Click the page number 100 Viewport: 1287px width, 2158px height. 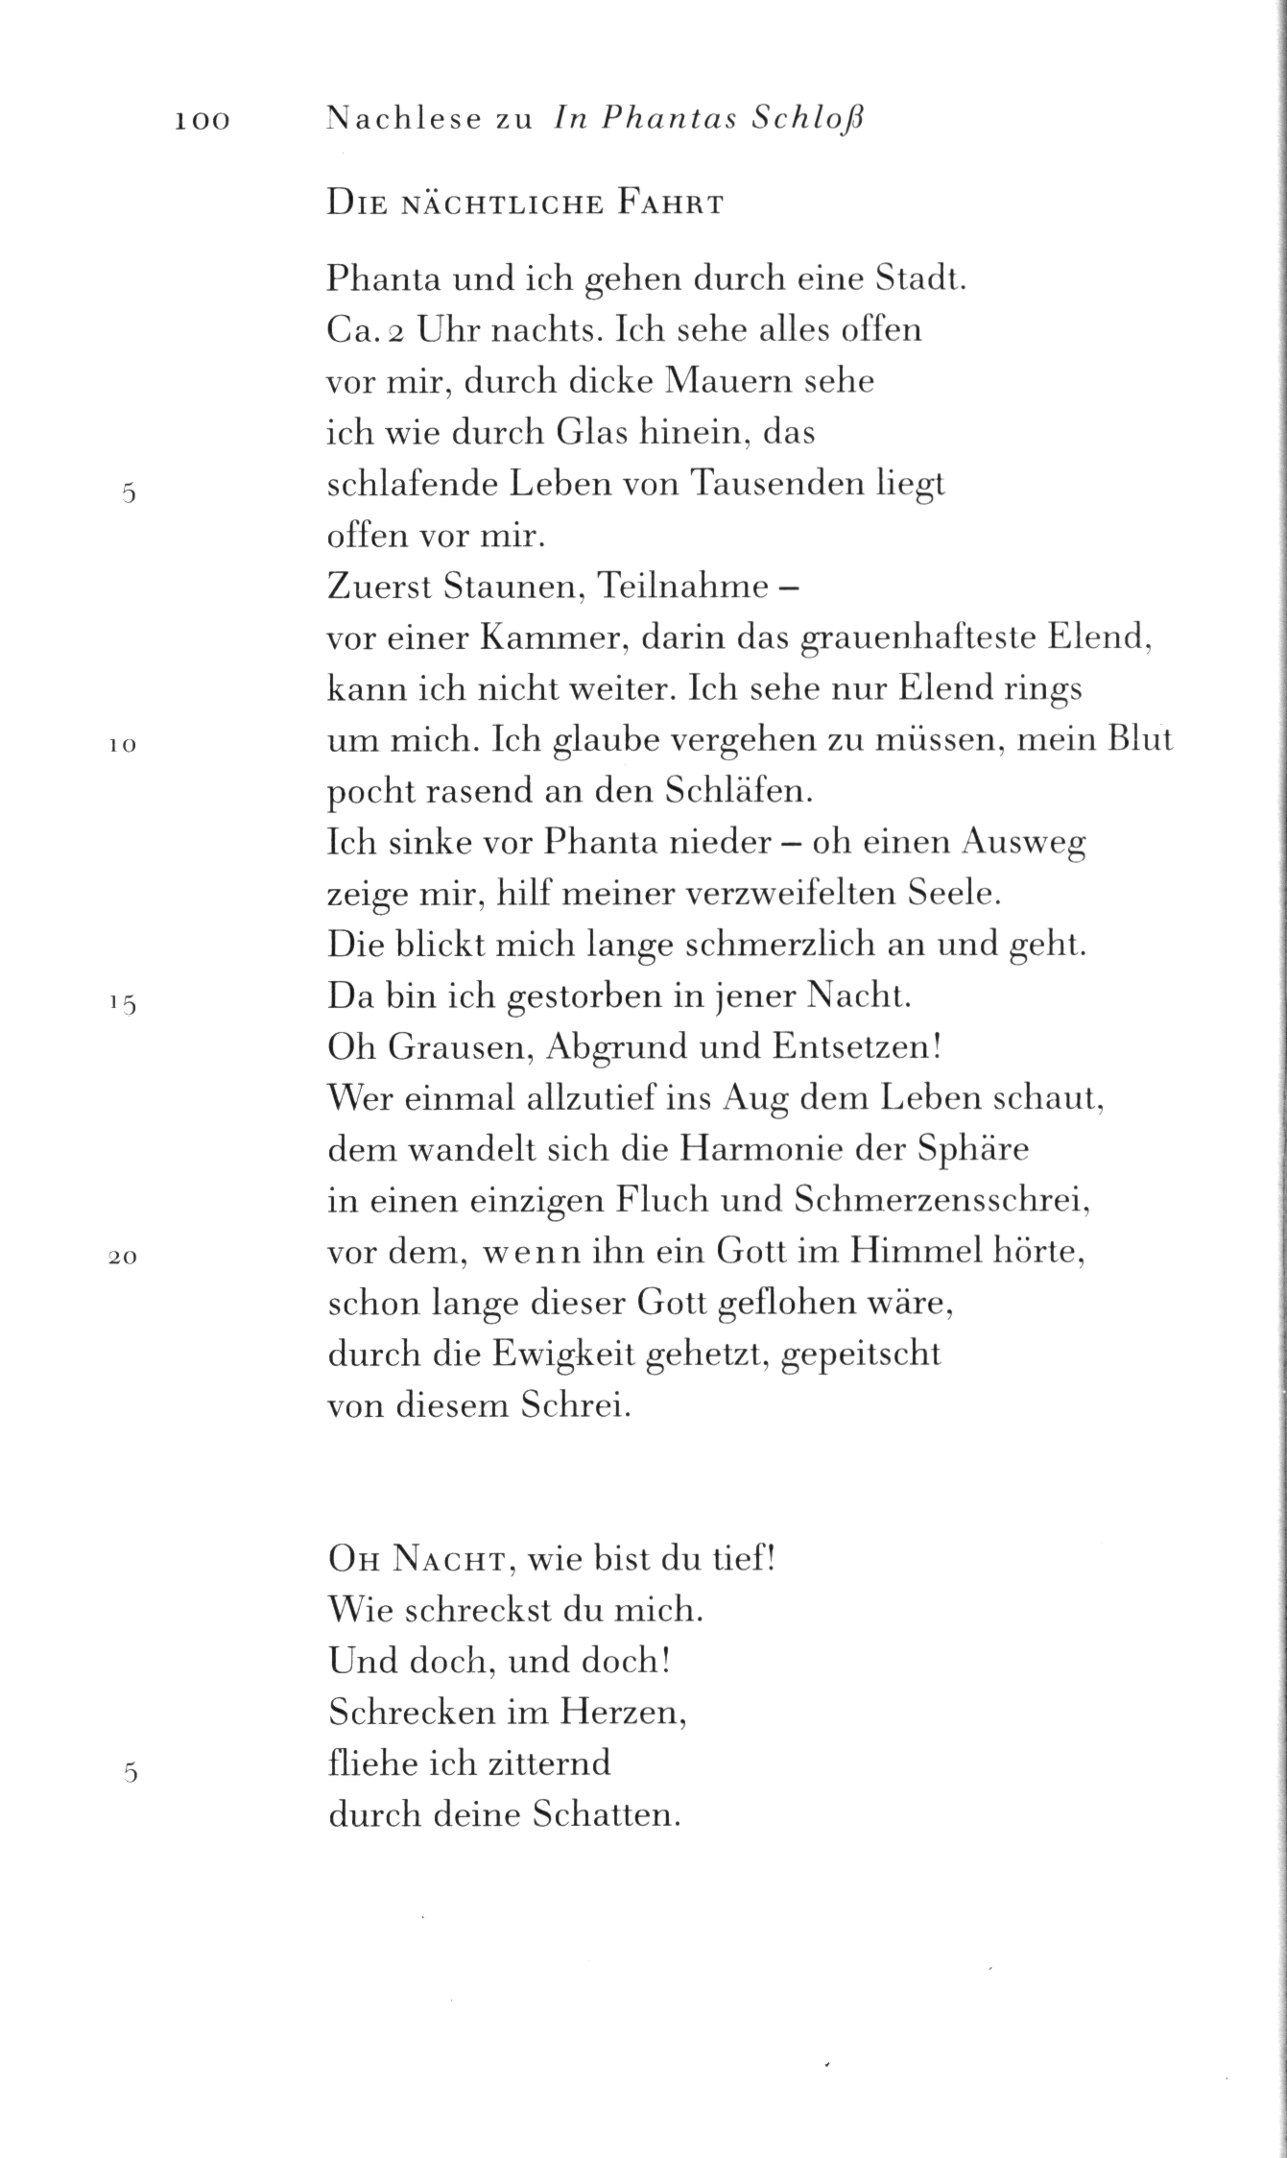pyautogui.click(x=203, y=121)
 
